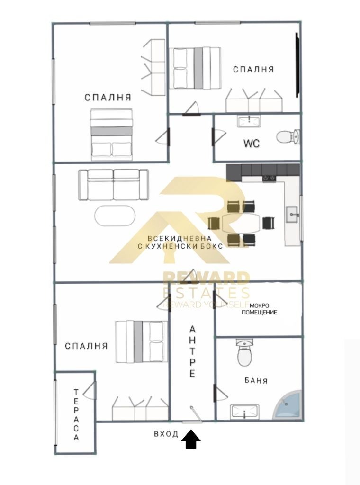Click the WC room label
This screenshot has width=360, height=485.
pyautogui.click(x=252, y=144)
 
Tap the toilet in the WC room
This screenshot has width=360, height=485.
pyautogui.click(x=288, y=137)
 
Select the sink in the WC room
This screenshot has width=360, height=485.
pyautogui.click(x=249, y=121)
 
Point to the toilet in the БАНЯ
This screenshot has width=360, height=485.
pyautogui.click(x=244, y=352)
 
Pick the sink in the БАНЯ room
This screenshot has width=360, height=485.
pyautogui.click(x=244, y=411)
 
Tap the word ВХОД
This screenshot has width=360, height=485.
pyautogui.click(x=166, y=434)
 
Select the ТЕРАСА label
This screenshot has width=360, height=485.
pyautogui.click(x=76, y=414)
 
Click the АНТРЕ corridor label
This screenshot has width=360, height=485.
pyautogui.click(x=192, y=351)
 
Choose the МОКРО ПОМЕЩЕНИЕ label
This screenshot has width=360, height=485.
pyautogui.click(x=259, y=309)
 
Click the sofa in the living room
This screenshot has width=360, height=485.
pyautogui.click(x=113, y=185)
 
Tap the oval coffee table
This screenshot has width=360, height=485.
pyautogui.click(x=115, y=216)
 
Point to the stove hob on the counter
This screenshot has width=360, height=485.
pyautogui.click(x=269, y=178)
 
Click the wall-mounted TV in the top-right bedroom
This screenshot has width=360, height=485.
pyautogui.click(x=297, y=65)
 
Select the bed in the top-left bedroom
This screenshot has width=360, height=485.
pyautogui.click(x=112, y=134)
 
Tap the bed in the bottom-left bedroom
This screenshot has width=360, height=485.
pyautogui.click(x=142, y=341)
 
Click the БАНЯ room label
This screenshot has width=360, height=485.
pyautogui.click(x=256, y=380)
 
